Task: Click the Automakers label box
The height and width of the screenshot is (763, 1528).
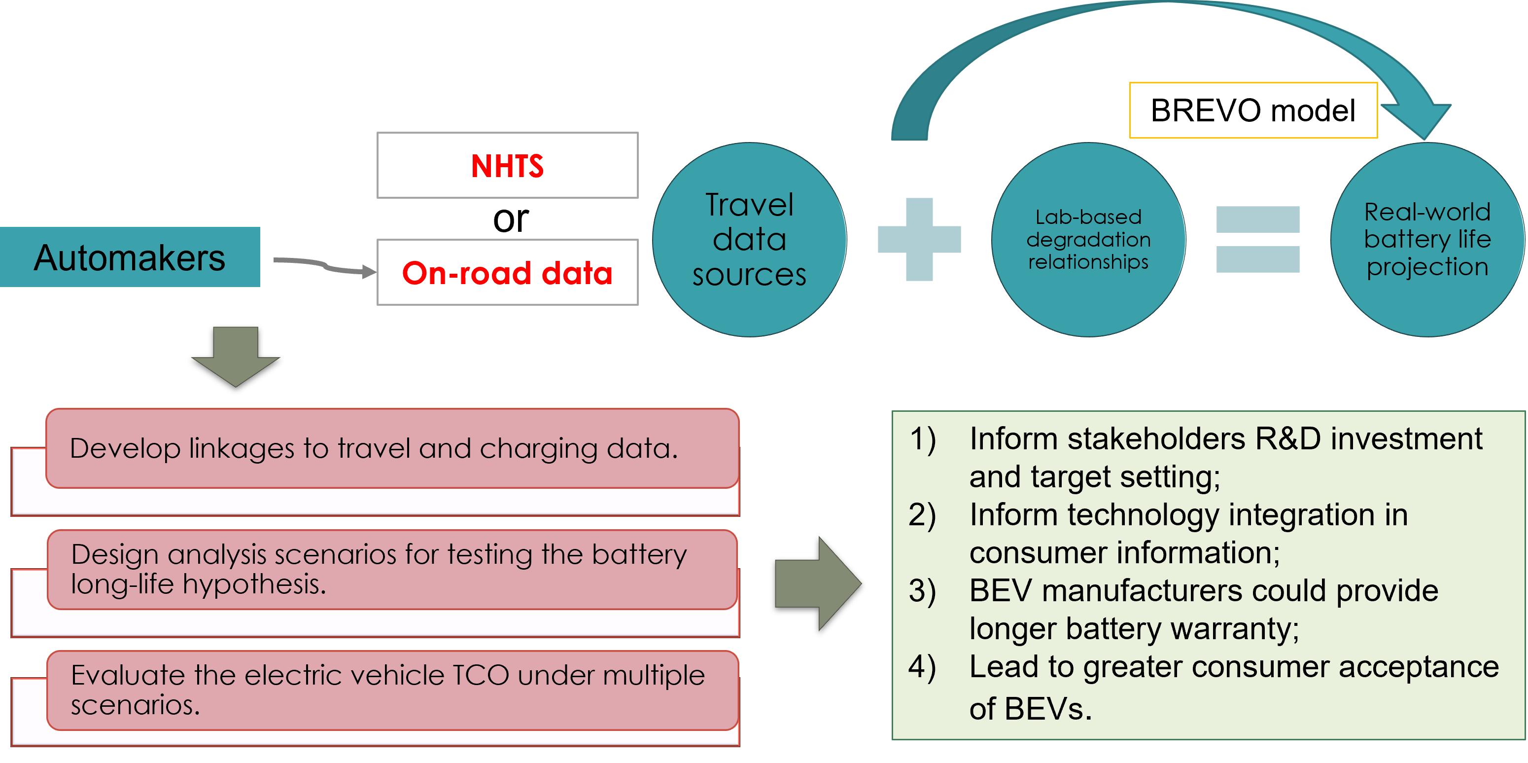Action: click(x=129, y=257)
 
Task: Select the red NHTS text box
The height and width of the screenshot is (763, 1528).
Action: click(x=507, y=166)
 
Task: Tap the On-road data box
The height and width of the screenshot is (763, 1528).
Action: click(x=507, y=273)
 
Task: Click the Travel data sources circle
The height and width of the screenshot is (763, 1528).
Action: click(x=749, y=240)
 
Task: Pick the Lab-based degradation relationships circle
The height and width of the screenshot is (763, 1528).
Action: click(x=1088, y=240)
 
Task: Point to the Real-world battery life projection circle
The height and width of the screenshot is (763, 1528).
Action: click(x=1426, y=240)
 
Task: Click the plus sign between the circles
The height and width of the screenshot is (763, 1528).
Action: click(x=919, y=239)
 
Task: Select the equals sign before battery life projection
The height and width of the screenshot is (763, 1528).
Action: click(x=1257, y=239)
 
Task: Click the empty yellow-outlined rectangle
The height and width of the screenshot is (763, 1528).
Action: click(x=1253, y=110)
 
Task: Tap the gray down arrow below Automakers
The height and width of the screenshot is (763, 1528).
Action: click(x=236, y=356)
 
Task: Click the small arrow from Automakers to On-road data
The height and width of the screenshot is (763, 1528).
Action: click(x=325, y=266)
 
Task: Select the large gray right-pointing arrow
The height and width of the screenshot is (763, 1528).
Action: click(x=817, y=583)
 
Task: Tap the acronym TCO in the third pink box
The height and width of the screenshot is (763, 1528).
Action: click(x=481, y=675)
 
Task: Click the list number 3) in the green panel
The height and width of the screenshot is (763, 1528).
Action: click(x=922, y=591)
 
